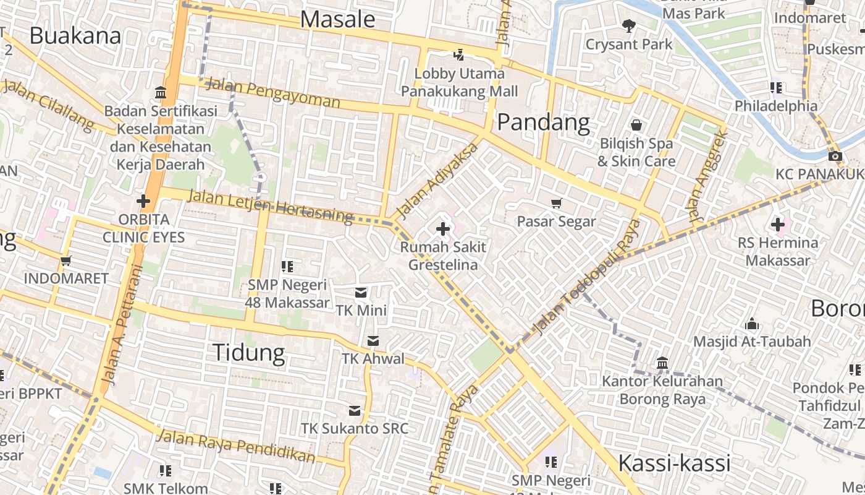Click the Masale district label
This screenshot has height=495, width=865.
tap(337, 20)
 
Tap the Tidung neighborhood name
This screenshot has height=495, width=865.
tap(248, 352)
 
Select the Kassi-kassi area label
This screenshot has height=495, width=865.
tap(674, 463)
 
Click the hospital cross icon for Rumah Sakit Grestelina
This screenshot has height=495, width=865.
tap(442, 229)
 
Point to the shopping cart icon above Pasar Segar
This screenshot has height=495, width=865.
tap(556, 203)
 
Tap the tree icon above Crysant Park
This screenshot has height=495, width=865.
tap(628, 26)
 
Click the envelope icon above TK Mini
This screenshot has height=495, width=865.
tap(361, 292)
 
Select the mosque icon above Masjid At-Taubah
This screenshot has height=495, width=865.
tap(751, 324)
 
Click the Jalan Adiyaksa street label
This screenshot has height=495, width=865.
tap(437, 181)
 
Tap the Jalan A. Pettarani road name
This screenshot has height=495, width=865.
tap(121, 324)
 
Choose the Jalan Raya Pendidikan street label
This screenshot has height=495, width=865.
tap(235, 446)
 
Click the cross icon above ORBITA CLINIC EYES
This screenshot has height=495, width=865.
tap(143, 201)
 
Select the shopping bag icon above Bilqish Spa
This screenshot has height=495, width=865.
tap(636, 125)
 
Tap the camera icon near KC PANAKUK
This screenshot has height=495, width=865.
tap(835, 156)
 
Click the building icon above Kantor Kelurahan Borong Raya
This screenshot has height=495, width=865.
tap(662, 363)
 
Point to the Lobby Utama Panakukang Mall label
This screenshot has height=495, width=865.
tap(459, 83)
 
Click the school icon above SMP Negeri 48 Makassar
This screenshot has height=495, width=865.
tap(287, 267)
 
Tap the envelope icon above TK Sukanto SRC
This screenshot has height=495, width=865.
tap(355, 410)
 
